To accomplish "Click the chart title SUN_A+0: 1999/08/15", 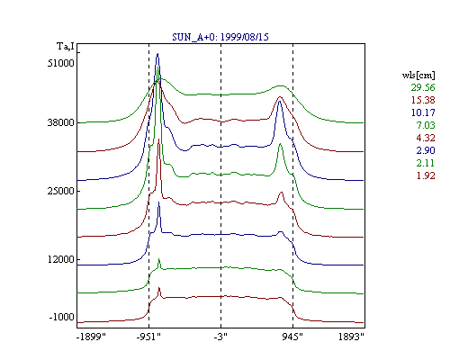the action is pos(220,37).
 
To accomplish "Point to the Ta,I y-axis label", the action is pos(66,46).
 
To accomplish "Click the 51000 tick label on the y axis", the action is pos(60,63).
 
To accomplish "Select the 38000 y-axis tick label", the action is pos(60,122).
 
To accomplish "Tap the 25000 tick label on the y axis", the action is pos(60,191).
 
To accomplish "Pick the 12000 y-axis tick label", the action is pos(60,259).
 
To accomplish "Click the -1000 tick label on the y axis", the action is pos(61,317).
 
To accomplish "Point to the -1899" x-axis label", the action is pos(91,337).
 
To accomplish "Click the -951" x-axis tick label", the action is pos(148,337).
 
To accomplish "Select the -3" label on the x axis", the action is pos(220,337).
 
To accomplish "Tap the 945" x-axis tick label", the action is pos(292,337).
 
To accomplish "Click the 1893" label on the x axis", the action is pos(351,337).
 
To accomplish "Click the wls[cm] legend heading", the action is pos(418,75).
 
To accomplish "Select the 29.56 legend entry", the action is pos(423,87).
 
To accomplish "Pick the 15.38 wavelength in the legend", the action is pos(423,100).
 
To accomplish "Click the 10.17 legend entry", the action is pos(423,112).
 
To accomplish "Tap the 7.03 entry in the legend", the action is pos(426,125).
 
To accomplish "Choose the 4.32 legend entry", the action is pos(426,138).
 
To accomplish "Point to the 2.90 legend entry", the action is pos(426,150).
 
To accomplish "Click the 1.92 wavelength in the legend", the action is pos(426,175).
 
